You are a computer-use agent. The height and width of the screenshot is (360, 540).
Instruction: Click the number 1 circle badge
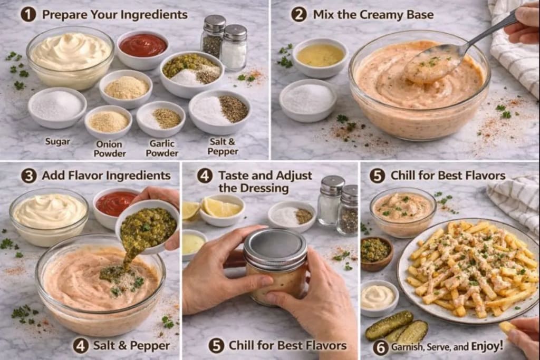point(28,14)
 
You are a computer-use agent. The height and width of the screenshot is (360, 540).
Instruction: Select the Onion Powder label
point(110,148)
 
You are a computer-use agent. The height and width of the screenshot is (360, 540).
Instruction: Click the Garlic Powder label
point(161,148)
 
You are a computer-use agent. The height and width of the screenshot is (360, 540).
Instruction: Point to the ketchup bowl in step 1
point(142,46)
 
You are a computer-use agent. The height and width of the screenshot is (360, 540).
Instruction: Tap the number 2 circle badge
point(299,14)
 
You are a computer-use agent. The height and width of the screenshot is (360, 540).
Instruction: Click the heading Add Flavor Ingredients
point(106,176)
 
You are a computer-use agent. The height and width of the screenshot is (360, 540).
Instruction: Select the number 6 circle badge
point(380,347)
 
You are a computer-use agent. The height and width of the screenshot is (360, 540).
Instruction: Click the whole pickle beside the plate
point(389,325)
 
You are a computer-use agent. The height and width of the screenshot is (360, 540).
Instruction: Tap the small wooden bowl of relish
point(377,251)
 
